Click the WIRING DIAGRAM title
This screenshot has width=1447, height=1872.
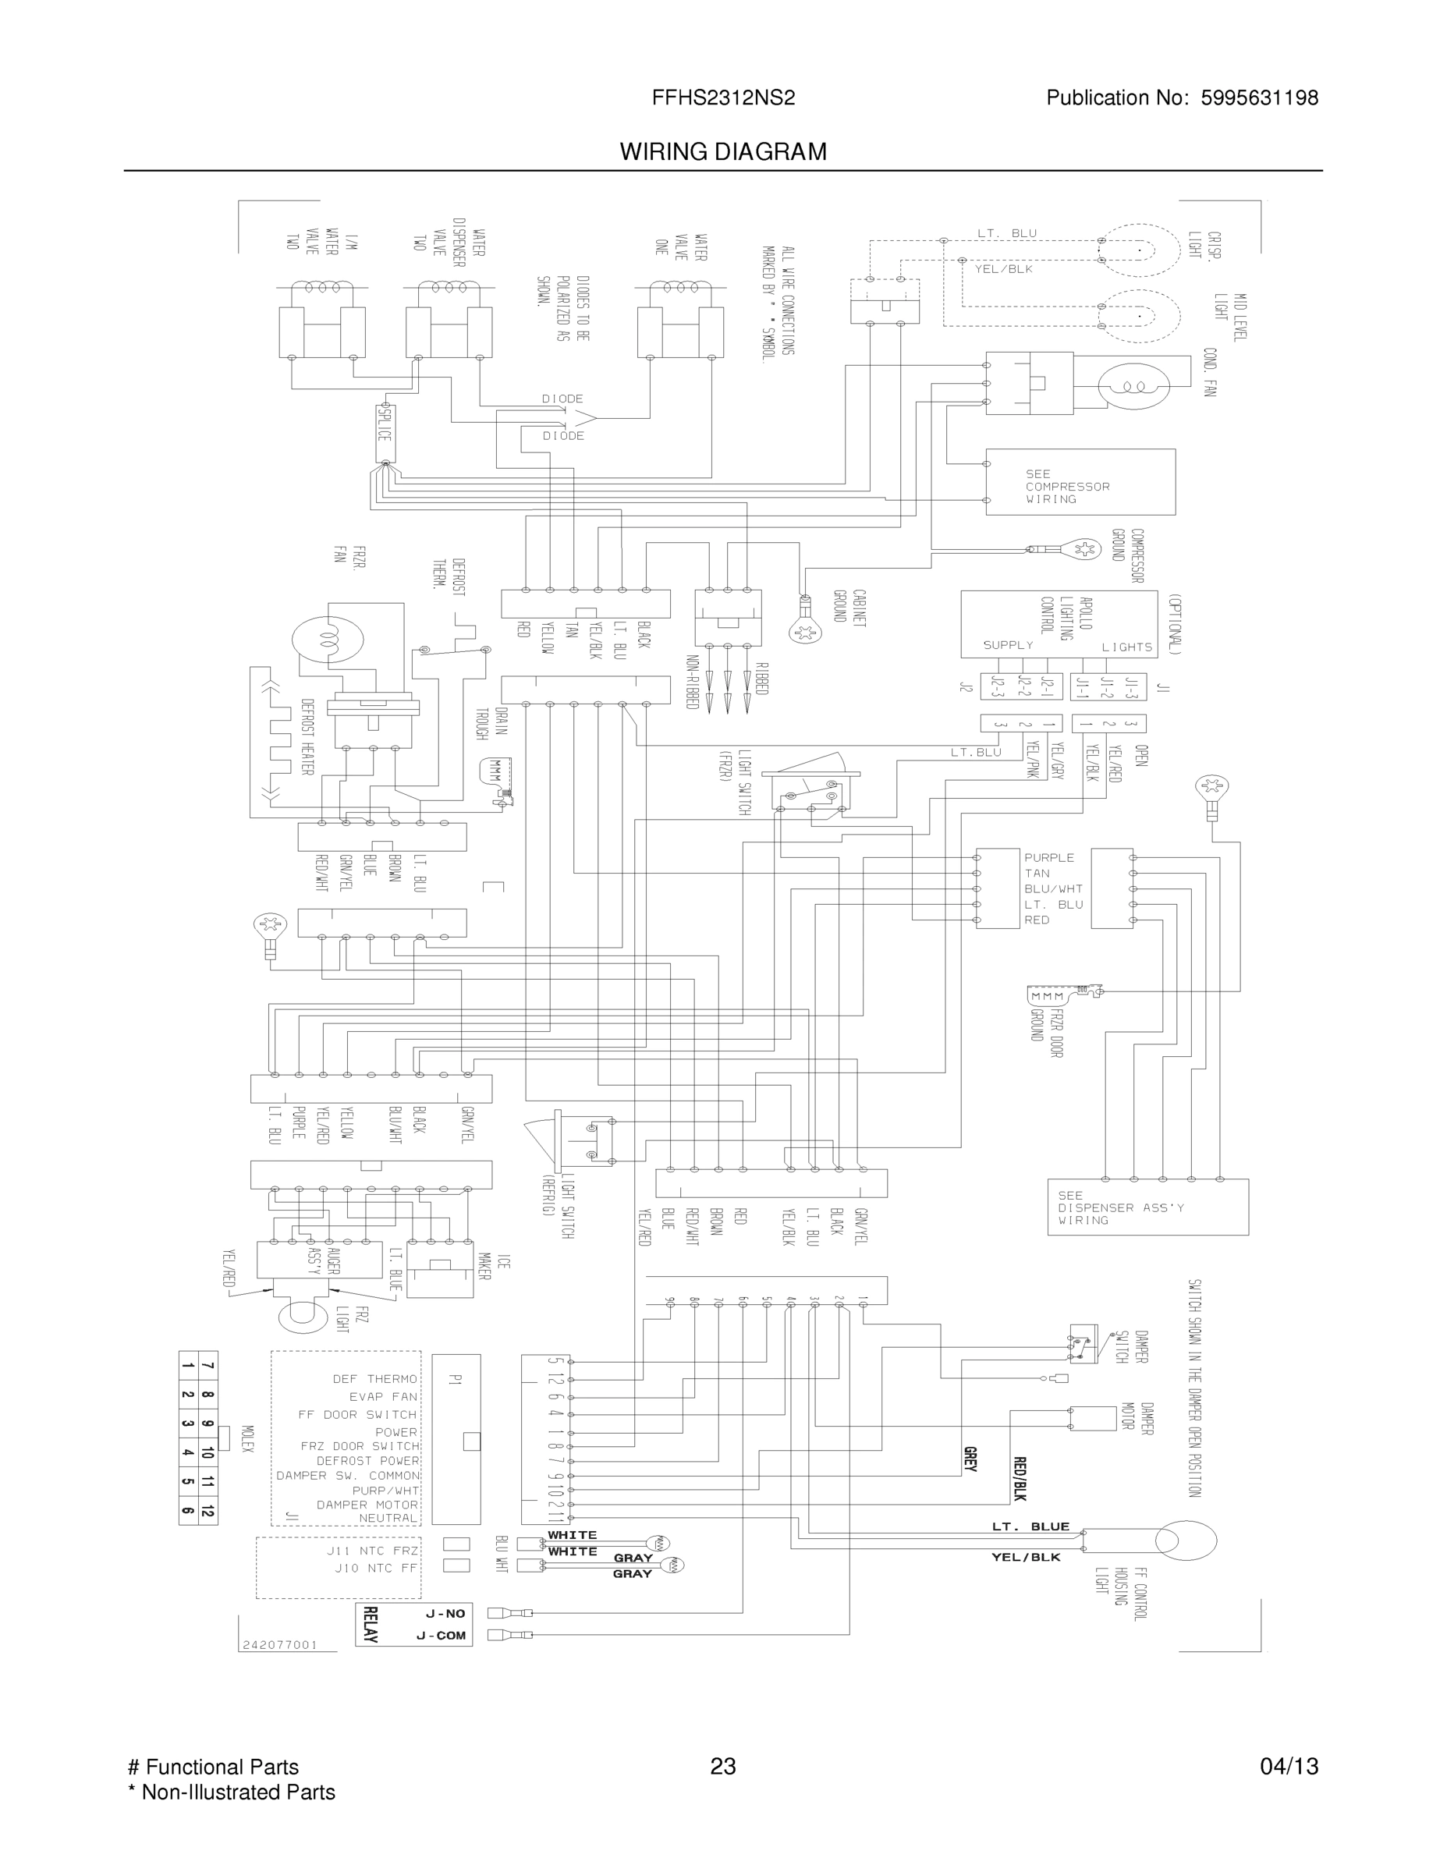(722, 152)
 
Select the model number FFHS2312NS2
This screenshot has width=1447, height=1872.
(722, 97)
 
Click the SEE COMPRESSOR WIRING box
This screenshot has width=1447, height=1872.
(1080, 482)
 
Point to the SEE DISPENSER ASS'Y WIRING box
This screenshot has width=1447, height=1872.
(1147, 1207)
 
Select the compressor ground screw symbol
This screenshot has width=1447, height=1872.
(1084, 548)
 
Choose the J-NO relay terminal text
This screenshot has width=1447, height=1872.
(445, 1613)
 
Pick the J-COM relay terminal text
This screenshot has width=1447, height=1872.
(441, 1636)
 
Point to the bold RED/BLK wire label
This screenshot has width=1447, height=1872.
(1020, 1479)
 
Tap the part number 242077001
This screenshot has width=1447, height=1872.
(280, 1645)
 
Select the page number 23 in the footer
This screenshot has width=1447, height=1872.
(722, 1767)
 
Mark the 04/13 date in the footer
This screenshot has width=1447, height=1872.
(1289, 1767)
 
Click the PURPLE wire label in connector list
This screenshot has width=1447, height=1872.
(1048, 857)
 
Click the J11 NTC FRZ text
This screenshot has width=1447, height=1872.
(372, 1551)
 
